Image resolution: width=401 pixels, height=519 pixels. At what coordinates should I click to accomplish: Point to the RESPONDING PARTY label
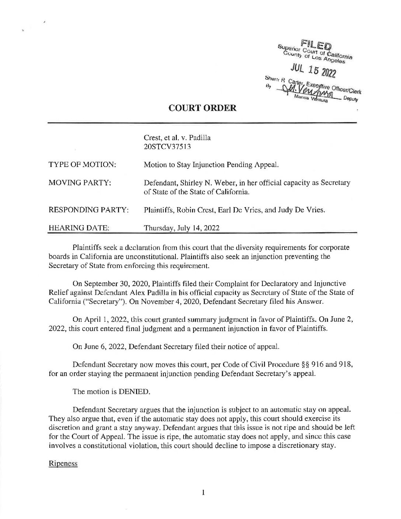coord(88,210)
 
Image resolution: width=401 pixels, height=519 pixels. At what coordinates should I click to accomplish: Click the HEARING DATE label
coord(79,228)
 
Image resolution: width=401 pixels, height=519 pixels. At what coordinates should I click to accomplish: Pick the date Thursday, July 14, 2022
coord(182,228)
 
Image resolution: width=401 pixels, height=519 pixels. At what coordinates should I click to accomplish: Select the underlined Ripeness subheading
coord(63,464)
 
